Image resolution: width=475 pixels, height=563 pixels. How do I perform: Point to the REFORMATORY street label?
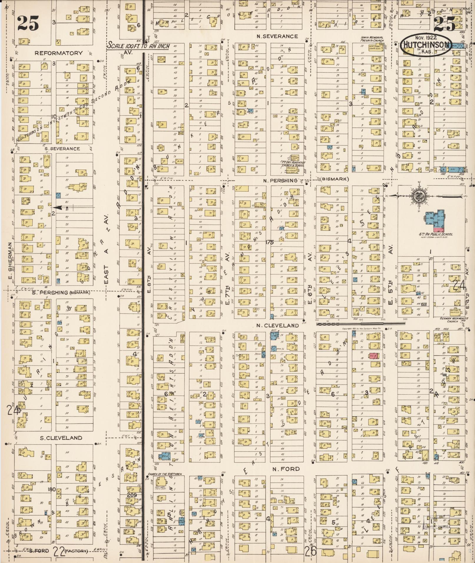tap(59, 53)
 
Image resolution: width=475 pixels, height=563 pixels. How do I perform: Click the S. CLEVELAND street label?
tap(61, 438)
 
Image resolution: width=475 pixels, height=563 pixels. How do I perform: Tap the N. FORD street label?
tap(282, 469)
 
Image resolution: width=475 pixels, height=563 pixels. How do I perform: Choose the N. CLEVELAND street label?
tap(277, 325)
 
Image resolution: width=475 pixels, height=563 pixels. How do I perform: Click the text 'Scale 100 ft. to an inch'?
tap(138, 46)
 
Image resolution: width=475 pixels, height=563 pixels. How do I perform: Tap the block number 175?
tap(269, 242)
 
